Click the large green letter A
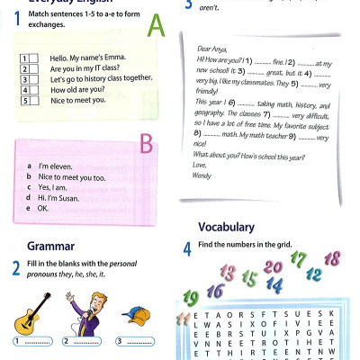[x=157, y=29]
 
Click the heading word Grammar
[x=50, y=245]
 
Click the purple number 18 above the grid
[x=331, y=259]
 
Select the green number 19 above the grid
[x=190, y=297]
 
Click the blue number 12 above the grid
[x=315, y=274]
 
